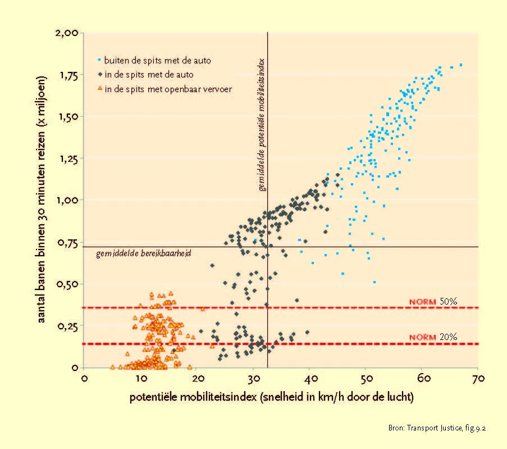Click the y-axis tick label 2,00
pyautogui.click(x=67, y=33)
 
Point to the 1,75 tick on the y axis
pyautogui.click(x=69, y=76)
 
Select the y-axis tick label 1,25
pyautogui.click(x=68, y=159)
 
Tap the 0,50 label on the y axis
pyautogui.click(x=67, y=284)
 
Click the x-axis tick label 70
pyautogui.click(x=478, y=378)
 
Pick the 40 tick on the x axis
pyautogui.click(x=310, y=378)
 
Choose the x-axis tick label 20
pyautogui.click(x=198, y=378)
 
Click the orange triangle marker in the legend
pyautogui.click(x=100, y=88)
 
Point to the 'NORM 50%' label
pyautogui.click(x=433, y=302)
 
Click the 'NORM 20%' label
pyautogui.click(x=433, y=337)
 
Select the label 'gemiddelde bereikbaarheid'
pyautogui.click(x=144, y=253)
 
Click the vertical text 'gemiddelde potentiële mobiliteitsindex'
pyautogui.click(x=262, y=125)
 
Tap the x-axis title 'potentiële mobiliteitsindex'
pyautogui.click(x=193, y=397)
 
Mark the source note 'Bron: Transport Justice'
pyautogui.click(x=425, y=428)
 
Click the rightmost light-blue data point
pyautogui.click(x=461, y=65)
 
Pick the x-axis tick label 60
pyautogui.click(x=423, y=378)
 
